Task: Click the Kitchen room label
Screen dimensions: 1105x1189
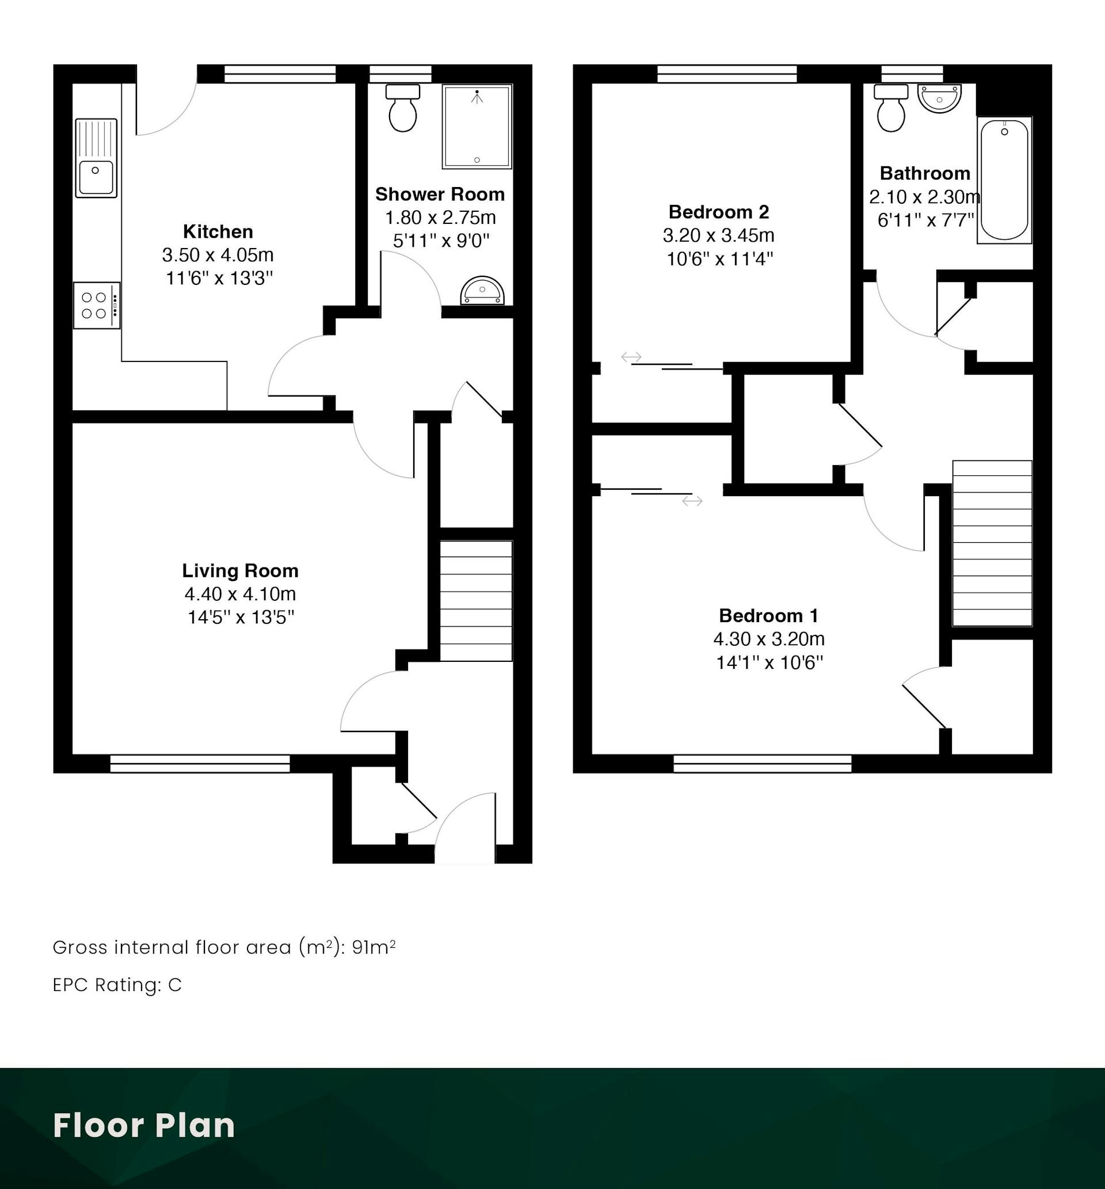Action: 218,231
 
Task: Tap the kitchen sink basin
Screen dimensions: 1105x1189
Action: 95,177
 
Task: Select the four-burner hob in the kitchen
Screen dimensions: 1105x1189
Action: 97,306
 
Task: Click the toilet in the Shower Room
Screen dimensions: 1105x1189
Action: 403,108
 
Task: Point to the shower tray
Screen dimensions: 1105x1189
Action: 477,126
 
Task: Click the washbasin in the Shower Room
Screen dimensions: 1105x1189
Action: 482,291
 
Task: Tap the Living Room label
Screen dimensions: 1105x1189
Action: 241,571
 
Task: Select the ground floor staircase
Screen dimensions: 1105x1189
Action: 477,601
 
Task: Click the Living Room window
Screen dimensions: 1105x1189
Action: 200,764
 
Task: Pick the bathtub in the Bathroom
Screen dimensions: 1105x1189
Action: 1004,180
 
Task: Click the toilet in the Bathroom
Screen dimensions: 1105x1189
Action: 891,108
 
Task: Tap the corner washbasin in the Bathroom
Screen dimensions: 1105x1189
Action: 939,97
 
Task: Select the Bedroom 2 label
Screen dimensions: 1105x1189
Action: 719,212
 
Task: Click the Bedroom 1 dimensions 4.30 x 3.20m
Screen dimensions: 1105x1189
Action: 769,639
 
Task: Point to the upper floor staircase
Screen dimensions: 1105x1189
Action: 993,543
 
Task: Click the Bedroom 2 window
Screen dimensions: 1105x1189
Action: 727,74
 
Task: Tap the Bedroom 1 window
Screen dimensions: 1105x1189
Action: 763,764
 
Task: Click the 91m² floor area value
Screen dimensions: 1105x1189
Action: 374,947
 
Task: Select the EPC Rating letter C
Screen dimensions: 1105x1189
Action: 174,985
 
